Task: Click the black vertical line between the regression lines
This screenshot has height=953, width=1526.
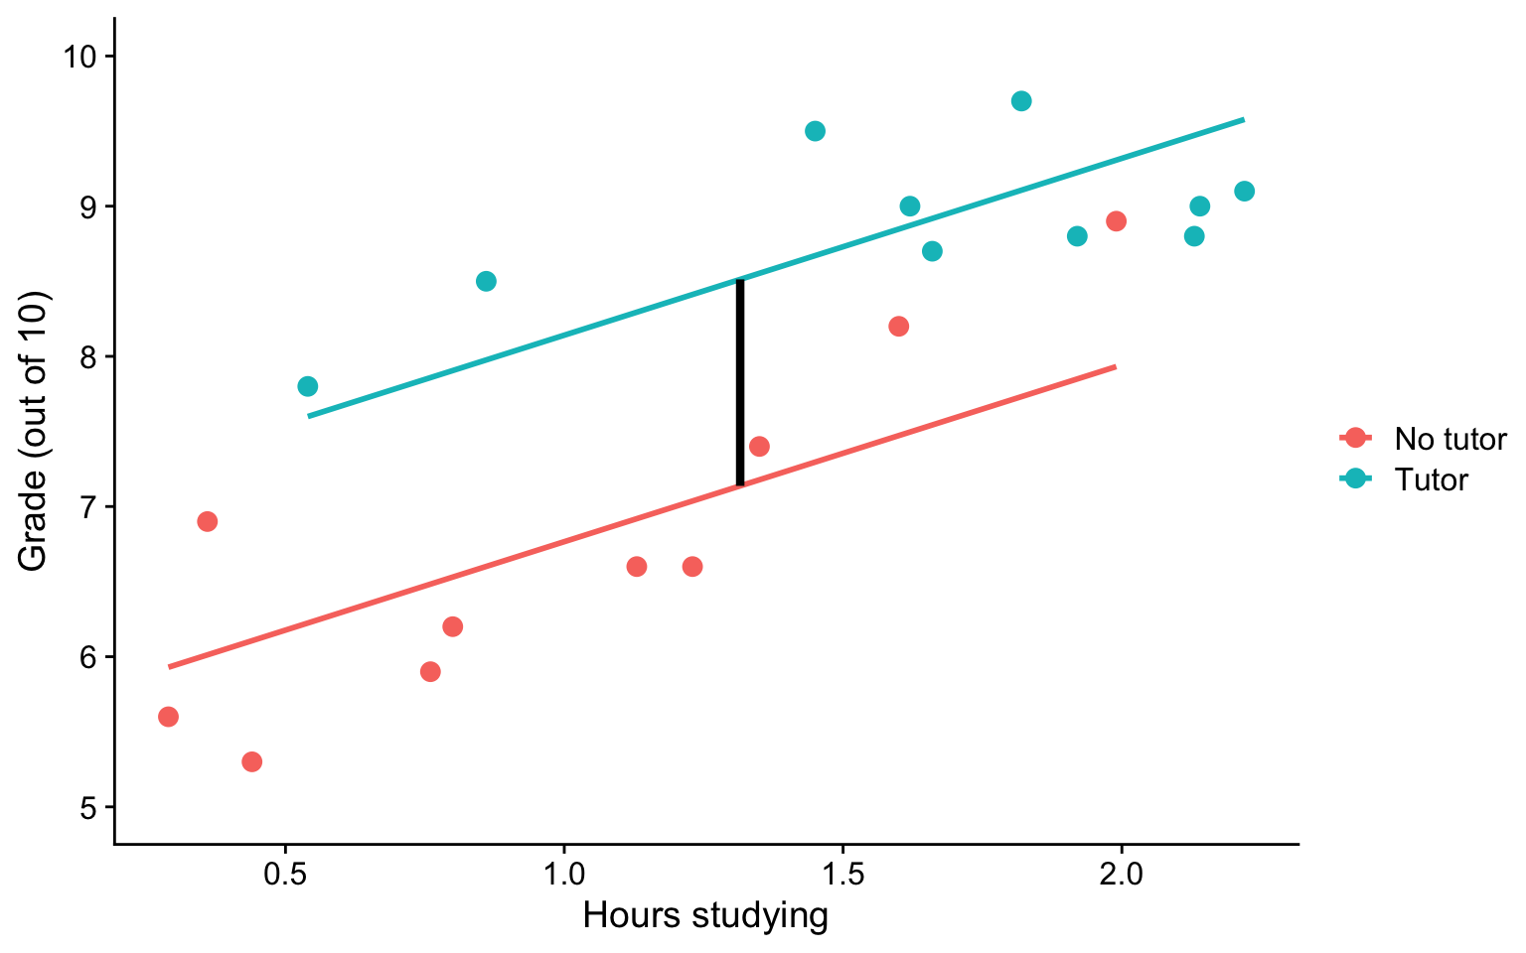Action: (x=740, y=382)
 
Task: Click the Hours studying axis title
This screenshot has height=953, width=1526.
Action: (x=705, y=915)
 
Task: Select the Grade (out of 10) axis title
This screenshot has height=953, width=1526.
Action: (x=34, y=431)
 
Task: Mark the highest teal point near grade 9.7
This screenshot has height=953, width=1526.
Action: (x=1021, y=101)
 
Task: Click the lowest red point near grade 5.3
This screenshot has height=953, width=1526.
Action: (x=251, y=761)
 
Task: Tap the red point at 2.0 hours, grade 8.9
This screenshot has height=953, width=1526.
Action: (x=1116, y=220)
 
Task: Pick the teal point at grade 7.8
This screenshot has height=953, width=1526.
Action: (x=307, y=386)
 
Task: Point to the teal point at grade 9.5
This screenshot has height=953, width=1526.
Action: (x=815, y=131)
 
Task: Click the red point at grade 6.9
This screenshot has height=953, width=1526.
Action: (x=207, y=521)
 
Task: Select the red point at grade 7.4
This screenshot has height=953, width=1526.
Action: (x=759, y=446)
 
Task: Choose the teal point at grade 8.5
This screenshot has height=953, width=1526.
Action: (x=486, y=281)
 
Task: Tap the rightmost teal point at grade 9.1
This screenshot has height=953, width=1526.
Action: (x=1244, y=191)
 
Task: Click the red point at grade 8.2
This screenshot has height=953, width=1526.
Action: (x=898, y=326)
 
